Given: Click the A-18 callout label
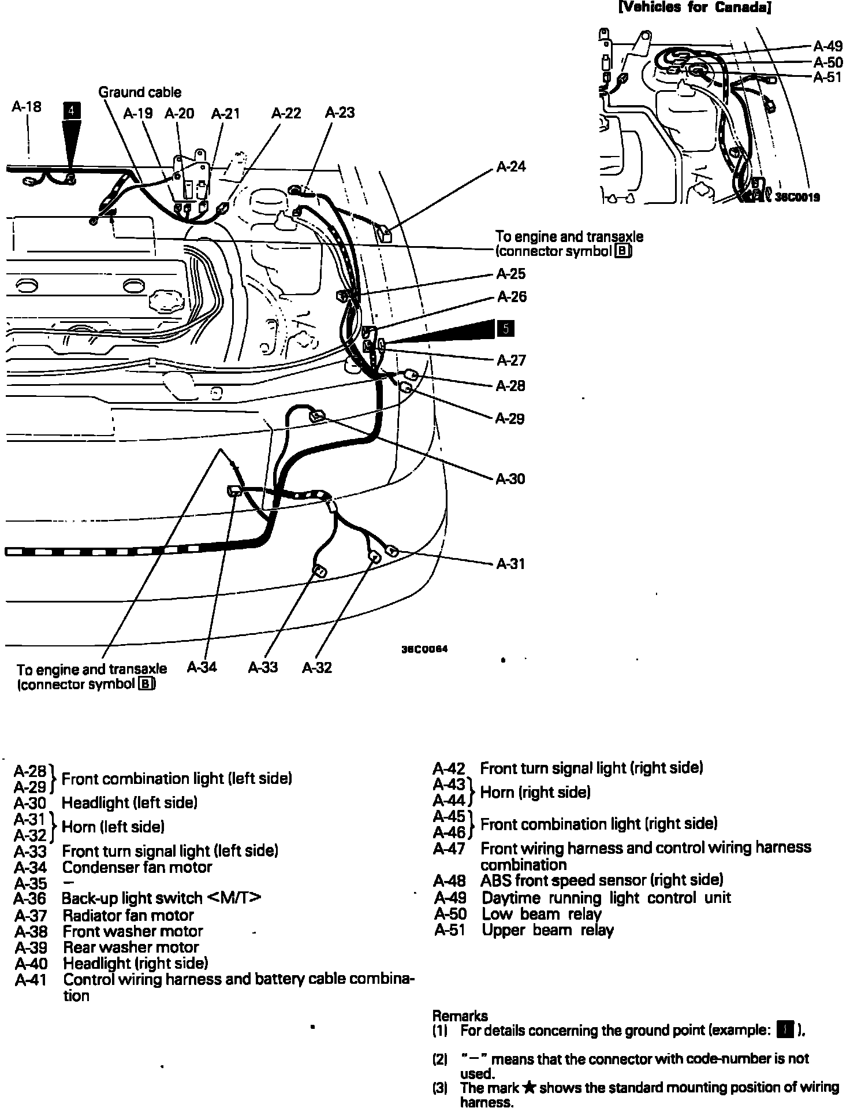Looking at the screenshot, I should click(27, 106).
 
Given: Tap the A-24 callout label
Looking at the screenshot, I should click(511, 167).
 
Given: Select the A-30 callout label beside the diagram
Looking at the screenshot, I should click(510, 479).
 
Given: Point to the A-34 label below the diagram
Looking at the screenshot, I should click(202, 667).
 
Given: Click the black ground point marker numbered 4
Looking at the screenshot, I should click(72, 110).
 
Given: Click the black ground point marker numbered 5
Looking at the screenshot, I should click(505, 329).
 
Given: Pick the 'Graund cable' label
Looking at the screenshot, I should click(139, 92).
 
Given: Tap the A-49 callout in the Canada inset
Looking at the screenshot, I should click(827, 46).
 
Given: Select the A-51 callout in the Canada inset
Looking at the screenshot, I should click(827, 77).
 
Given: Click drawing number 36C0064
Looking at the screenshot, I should click(424, 649).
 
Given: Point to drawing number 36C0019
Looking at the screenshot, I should click(797, 197).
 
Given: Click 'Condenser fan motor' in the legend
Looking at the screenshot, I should click(137, 867).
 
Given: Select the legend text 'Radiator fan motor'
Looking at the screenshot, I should click(128, 915).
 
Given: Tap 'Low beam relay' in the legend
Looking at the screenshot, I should click(542, 914).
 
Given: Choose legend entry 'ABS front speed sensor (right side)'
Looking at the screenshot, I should click(602, 880).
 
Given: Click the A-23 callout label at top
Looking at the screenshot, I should click(340, 113).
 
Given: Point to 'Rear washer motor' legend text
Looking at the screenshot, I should click(131, 947).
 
